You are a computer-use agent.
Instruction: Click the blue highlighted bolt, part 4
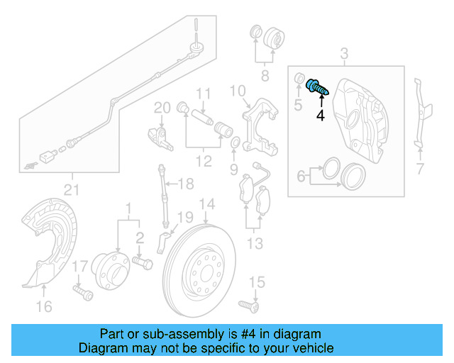(x=316, y=89)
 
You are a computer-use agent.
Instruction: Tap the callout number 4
(x=320, y=115)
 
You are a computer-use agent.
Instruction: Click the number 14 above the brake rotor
(x=206, y=205)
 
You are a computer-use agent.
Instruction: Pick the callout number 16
(x=44, y=306)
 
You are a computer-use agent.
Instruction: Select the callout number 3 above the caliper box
(x=345, y=54)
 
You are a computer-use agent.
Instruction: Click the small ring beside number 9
(x=234, y=147)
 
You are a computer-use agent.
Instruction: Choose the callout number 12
(x=204, y=162)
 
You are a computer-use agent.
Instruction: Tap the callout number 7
(x=419, y=169)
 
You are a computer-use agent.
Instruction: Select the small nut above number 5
(x=299, y=78)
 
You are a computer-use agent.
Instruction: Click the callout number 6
(x=301, y=174)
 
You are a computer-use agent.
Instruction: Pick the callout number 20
(x=162, y=108)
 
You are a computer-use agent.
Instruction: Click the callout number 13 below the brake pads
(x=255, y=244)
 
